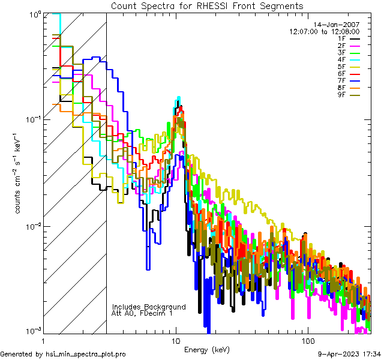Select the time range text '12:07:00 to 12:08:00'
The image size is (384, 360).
[x=324, y=31]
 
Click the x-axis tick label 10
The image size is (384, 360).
[x=176, y=341]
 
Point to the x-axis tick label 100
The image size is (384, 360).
[x=307, y=341]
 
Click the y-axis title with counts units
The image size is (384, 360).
[x=19, y=173]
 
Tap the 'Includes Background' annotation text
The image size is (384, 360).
[x=149, y=307]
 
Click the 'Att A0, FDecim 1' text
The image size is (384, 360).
[x=142, y=313]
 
